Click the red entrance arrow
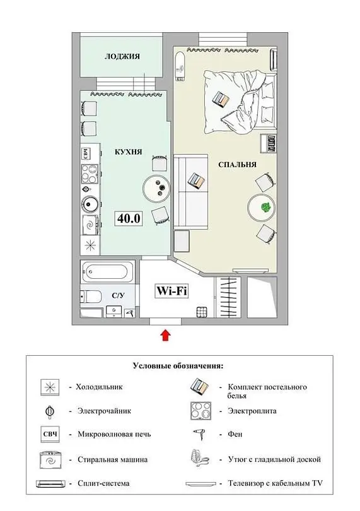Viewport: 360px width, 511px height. coord(166,336)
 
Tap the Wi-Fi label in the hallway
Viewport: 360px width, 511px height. coord(171,291)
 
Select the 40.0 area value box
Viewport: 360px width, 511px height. coord(129,218)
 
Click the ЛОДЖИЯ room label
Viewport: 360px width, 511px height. coord(122,56)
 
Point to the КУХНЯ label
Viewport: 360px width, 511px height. coord(129,152)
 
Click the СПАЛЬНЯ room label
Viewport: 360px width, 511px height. coord(237,165)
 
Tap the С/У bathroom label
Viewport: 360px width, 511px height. coord(118,296)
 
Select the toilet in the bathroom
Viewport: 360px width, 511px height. coord(91,297)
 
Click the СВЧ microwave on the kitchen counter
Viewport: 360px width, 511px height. coord(86,153)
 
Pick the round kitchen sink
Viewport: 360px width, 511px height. coord(90,204)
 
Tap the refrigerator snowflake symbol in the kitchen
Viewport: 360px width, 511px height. coord(90,245)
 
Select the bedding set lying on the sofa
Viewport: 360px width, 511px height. coord(197,180)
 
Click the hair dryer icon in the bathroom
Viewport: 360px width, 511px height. coord(131,313)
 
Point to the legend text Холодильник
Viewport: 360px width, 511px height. coord(100,387)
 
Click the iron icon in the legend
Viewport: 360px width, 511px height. coord(200,459)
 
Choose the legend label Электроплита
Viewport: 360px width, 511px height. coord(252,411)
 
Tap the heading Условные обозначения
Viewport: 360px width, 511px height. coord(178,366)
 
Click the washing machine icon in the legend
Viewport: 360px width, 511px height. coord(50,460)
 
